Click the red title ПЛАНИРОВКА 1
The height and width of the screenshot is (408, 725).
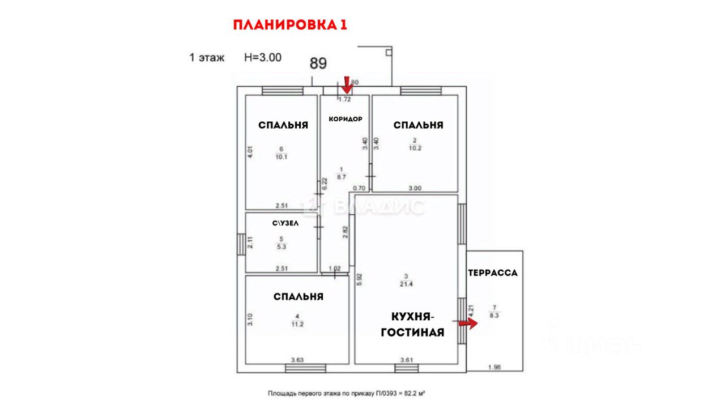coord(289,25)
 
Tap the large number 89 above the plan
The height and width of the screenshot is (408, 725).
coord(318,63)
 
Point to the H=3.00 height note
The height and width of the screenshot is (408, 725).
coord(263,57)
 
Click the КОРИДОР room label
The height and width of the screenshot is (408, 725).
coord(345,119)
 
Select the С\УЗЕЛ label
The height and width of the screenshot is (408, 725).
coord(285,223)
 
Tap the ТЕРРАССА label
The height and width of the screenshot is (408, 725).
coord(493,273)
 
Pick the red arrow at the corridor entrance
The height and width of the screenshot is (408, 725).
coord(347,85)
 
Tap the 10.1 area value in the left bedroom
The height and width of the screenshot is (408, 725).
coord(281,157)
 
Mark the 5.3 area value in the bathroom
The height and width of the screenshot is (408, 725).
coord(281,247)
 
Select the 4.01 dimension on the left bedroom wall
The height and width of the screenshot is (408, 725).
coord(249,152)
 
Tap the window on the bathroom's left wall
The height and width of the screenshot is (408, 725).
coord(241,247)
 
